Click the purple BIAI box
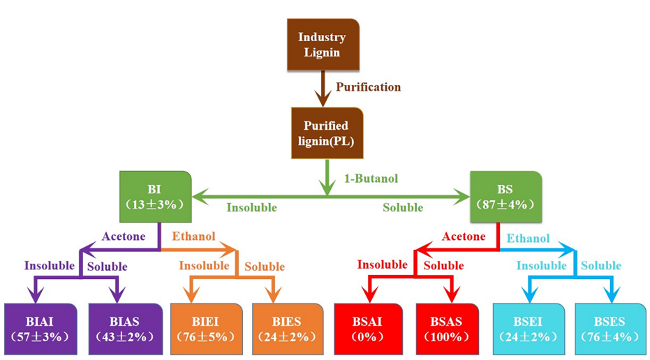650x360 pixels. tap(40, 327)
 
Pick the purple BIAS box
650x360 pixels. tap(123, 327)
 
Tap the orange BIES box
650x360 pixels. tap(287, 327)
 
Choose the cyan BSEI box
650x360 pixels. tap(529, 327)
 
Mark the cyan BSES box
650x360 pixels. tap(610, 327)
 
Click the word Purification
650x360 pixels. tap(368, 87)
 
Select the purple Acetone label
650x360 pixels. tap(123, 237)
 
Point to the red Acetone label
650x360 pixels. tap(463, 237)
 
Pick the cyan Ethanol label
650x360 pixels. tap(529, 238)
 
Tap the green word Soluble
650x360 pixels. tap(403, 207)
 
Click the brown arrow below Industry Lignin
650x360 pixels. tap(321, 89)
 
